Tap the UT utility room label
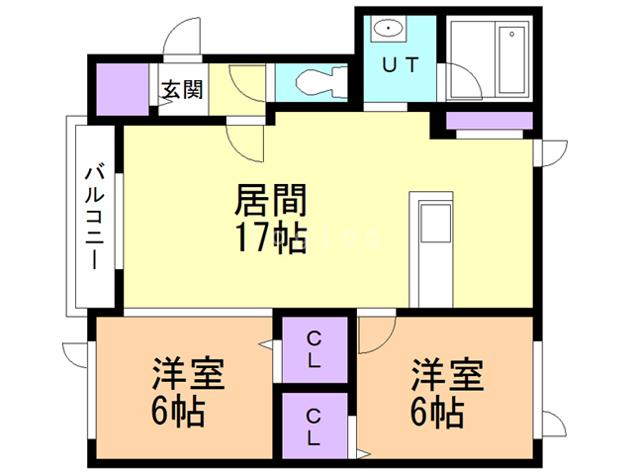point(400,65)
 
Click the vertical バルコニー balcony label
point(94,217)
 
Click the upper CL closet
point(314,348)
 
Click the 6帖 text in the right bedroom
point(439,412)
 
